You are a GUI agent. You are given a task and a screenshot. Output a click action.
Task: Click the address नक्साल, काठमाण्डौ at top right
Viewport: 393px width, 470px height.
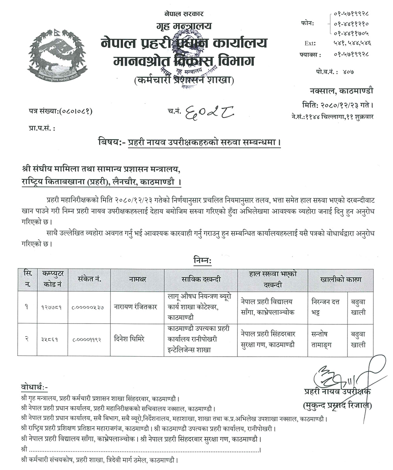[341, 91]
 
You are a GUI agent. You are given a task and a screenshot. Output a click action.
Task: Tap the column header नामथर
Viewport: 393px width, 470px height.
[137, 279]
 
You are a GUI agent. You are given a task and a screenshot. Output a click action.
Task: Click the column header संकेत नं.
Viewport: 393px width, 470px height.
[89, 279]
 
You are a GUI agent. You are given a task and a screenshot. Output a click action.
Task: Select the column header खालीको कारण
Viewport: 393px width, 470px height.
[340, 279]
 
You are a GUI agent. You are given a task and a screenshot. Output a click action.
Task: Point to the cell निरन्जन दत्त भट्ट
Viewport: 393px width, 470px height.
[326, 307]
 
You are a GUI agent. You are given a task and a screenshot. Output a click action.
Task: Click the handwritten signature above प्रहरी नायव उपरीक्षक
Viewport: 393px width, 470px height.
[346, 374]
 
